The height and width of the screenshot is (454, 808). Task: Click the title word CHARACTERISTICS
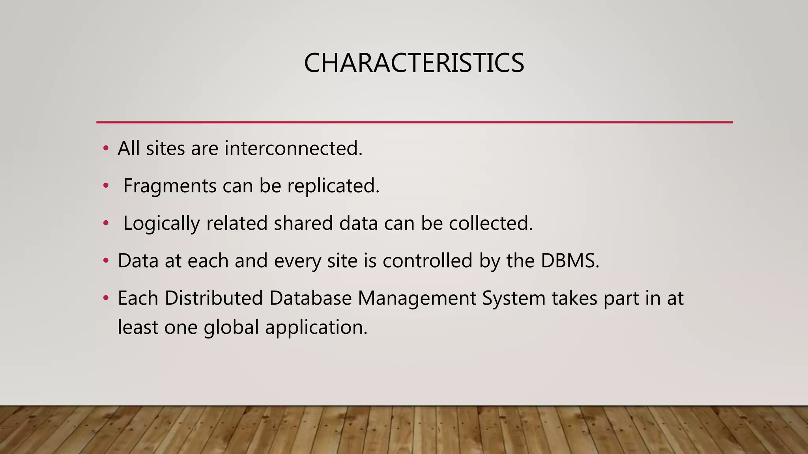pos(414,63)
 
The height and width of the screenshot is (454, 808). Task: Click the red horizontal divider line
pos(414,123)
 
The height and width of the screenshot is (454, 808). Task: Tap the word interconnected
pos(293,149)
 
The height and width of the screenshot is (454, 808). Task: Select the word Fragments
pos(170,186)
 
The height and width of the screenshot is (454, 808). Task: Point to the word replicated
pos(333,186)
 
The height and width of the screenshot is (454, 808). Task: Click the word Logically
pos(161,223)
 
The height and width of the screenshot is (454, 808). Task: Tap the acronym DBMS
pos(570,260)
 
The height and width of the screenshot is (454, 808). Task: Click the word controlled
pos(427,260)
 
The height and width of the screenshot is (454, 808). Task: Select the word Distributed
pos(213,298)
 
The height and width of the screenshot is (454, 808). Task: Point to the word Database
pos(310,298)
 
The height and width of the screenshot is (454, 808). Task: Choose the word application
pos(316,327)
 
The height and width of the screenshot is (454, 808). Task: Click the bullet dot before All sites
pos(105,149)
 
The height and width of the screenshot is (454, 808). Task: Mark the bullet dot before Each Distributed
pos(105,298)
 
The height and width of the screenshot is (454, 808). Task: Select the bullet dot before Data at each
pos(105,260)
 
